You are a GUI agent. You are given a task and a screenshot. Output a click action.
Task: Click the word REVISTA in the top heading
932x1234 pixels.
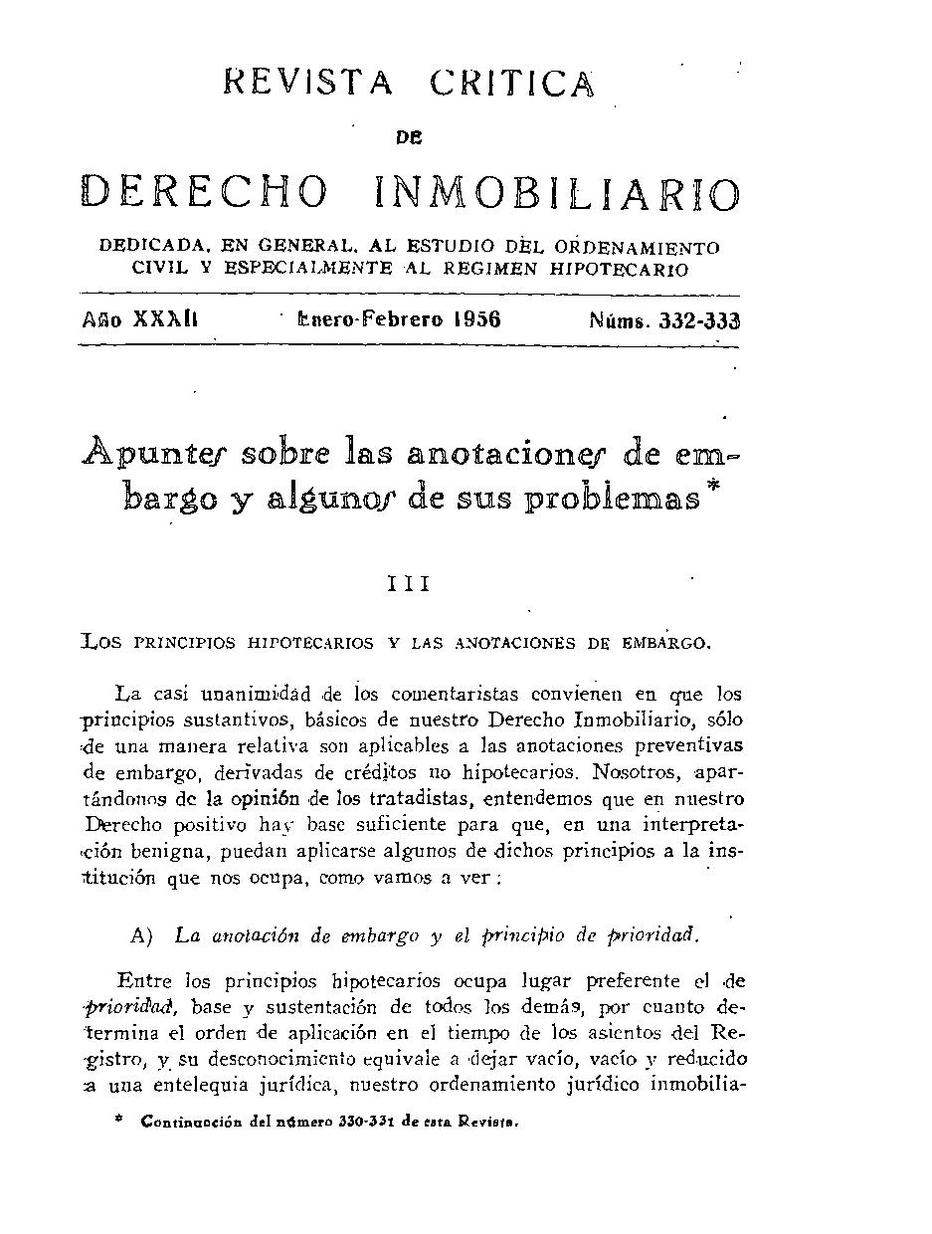coord(309,83)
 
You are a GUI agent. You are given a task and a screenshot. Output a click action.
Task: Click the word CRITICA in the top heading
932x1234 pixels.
coord(513,83)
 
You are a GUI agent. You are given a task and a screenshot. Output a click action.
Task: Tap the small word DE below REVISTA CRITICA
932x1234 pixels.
coord(409,139)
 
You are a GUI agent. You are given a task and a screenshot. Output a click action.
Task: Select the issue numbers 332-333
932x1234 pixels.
coord(700,320)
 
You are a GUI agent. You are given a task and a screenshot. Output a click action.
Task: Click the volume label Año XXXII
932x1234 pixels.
coord(141,319)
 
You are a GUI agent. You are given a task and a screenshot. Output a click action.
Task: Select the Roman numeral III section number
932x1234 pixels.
coord(409,584)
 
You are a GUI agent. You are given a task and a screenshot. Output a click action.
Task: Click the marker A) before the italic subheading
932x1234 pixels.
coord(141,935)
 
